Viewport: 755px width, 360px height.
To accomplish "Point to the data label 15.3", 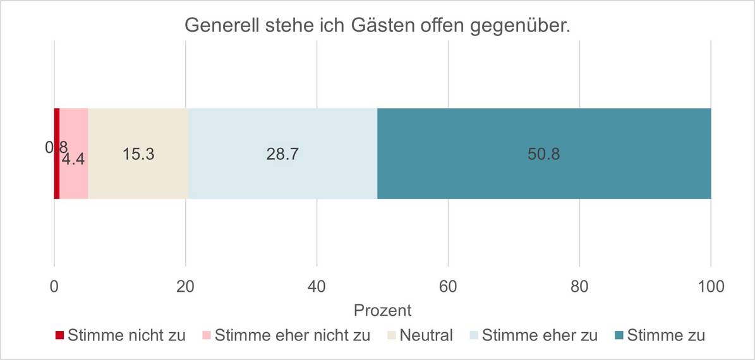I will click(138, 154).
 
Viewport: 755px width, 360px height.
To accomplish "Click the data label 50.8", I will click(543, 154).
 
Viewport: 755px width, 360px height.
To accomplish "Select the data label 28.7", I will click(282, 154).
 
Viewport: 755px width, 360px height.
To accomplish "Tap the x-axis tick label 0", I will click(54, 286).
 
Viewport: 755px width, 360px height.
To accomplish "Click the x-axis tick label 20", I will click(185, 286).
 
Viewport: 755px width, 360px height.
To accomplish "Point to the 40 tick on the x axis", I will click(317, 286).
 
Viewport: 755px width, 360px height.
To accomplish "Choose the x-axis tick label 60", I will click(448, 286).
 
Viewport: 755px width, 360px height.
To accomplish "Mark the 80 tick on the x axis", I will click(579, 286).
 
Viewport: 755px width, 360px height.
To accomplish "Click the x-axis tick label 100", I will click(710, 286).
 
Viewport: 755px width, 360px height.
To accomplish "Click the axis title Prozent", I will click(382, 311).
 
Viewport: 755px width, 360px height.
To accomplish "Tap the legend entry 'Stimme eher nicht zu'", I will click(292, 335).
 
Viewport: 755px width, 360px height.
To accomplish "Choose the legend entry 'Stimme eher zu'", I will click(539, 335).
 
